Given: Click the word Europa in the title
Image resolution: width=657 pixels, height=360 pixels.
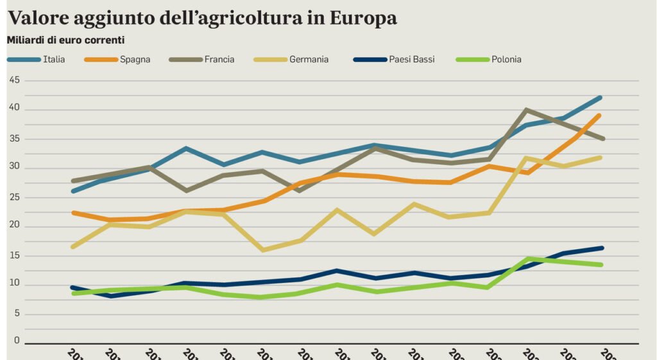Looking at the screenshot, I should coord(363,19).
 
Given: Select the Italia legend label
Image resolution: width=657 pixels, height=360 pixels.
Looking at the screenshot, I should coord(54,60).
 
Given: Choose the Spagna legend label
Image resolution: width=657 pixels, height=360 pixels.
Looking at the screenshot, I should coord(135,60).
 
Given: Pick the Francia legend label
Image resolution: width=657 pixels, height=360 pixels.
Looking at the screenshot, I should coord(219,60).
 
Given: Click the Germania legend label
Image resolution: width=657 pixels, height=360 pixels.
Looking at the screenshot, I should coord(309,60).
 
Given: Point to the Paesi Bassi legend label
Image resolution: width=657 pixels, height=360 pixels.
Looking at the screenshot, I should coord(411,60).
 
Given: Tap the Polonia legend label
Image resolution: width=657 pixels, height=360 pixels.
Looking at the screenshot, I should coord(506,60).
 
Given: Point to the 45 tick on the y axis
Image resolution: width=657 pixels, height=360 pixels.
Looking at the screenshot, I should coord(15,80).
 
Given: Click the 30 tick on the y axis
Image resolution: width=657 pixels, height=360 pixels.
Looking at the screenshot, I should coord(15,168).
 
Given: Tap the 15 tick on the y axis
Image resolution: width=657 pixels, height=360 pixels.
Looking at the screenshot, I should coord(15,256).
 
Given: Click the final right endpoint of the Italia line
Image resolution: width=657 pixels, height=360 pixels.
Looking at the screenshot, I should coord(601,98).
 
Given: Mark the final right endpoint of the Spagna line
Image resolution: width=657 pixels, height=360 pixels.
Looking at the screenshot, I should coord(601,116).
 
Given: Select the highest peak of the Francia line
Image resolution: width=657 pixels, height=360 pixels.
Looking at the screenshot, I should coord(527,110).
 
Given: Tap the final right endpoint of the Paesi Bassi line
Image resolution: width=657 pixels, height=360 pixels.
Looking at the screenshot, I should coord(601,248).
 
